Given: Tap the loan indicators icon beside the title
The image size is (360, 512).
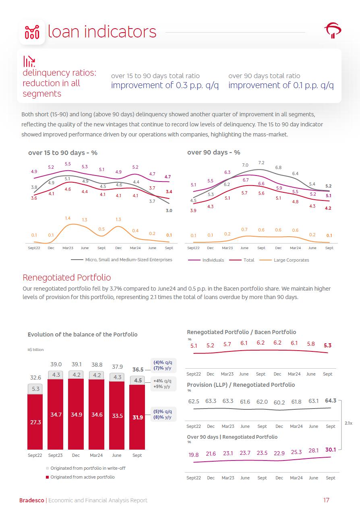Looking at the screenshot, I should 32,32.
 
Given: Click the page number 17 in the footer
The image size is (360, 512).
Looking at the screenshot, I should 326,500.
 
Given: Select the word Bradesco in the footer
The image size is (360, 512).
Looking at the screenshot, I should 32,500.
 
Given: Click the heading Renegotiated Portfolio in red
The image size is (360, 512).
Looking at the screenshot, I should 66,277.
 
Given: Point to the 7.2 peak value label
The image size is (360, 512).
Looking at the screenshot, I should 261,163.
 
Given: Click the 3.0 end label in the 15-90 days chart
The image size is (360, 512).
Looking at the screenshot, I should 169,211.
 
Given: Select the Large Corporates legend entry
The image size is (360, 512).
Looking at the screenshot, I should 291,260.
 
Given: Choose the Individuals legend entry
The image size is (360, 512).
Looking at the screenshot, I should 213,260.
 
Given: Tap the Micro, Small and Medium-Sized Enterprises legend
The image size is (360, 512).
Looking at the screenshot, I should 128,260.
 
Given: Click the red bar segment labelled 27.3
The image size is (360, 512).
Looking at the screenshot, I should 35,422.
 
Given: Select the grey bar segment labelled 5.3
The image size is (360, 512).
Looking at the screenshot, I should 35,389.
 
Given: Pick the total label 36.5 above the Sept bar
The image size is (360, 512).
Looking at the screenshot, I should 138,370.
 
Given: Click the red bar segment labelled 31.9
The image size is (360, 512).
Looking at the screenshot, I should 138,417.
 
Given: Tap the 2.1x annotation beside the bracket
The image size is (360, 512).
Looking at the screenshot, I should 349,423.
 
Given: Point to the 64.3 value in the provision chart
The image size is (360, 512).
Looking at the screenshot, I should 330,401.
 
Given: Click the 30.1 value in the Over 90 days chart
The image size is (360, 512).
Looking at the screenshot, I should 330,450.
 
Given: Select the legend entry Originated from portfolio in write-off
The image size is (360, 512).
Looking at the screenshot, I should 88,468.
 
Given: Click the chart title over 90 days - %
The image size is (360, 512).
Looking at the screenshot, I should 213,152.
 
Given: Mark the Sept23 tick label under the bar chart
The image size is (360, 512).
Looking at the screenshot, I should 55,455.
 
